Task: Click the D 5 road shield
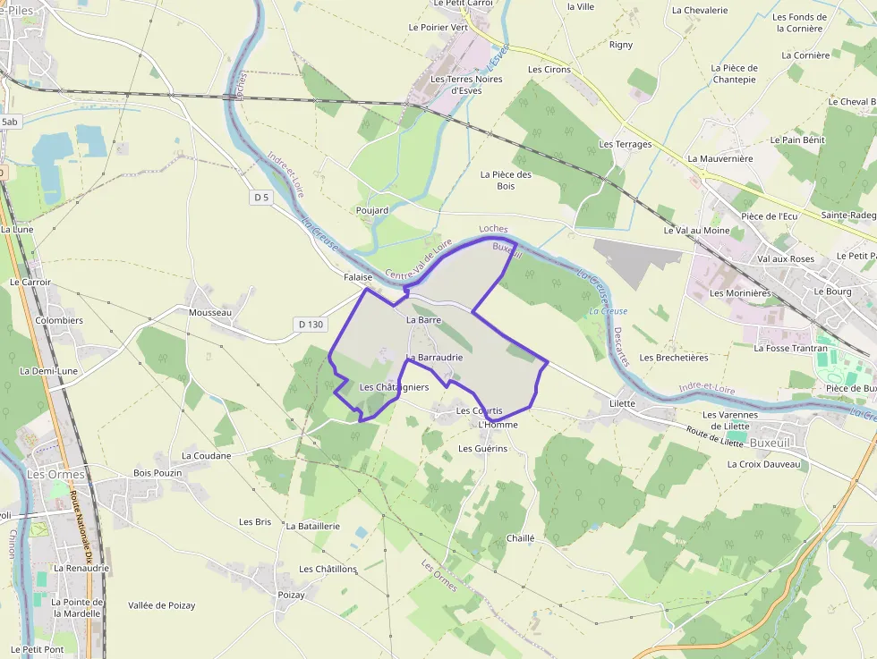pos(261,197)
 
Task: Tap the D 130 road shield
pos(309,324)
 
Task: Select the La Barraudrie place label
pos(434,358)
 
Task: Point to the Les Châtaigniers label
pos(394,387)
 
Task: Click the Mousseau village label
pos(210,312)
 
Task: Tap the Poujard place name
pos(371,211)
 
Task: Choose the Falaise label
pos(358,277)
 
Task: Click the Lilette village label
pos(622,403)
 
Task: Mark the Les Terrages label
pos(626,144)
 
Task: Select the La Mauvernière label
pos(720,158)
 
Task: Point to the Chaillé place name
pos(520,538)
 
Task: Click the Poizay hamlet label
pos(292,595)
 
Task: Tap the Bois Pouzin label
pos(158,472)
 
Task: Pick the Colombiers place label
pos(59,320)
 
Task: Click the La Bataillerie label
pos(313,527)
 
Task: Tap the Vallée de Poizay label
pos(161,605)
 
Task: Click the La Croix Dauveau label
pos(763,464)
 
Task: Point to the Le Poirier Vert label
pos(438,28)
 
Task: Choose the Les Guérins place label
pos(482,448)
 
